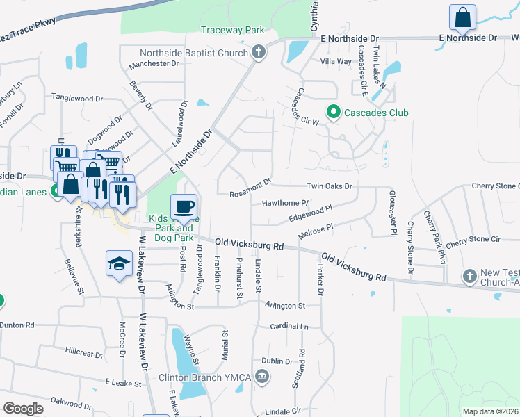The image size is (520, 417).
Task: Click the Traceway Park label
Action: pos(233,30)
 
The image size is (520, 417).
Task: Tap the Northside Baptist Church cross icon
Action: pos(258,53)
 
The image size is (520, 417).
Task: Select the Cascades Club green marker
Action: pos(333,112)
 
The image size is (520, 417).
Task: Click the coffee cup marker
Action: pos(184,206)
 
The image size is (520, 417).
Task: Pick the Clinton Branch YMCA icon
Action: pos(261,377)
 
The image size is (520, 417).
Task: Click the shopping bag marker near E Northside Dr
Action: pos(462,17)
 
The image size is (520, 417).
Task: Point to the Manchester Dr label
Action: pos(154,63)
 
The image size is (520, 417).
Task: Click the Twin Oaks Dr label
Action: pos(330,186)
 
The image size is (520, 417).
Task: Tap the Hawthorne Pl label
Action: pos(285,203)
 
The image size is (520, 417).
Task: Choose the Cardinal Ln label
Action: pos(289,326)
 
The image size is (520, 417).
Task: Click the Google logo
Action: pos(23,409)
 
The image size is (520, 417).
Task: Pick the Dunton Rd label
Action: pos(17,325)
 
